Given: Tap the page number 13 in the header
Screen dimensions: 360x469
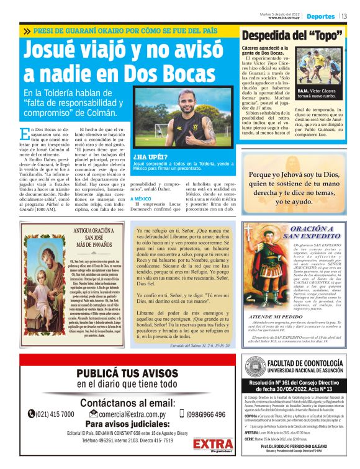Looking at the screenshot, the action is pos(344,16).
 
